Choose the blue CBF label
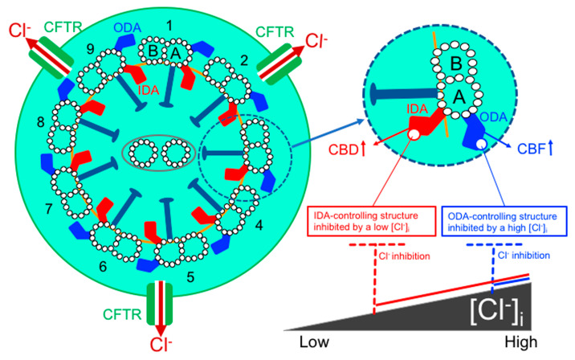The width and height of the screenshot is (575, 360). [548, 149]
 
